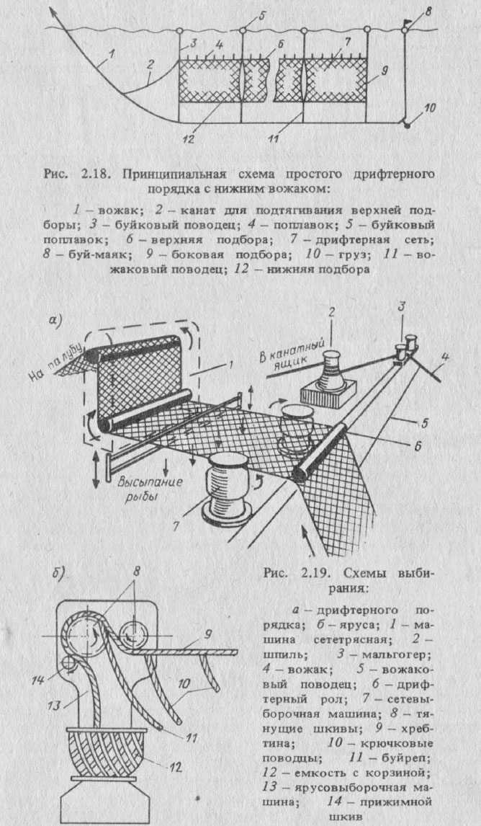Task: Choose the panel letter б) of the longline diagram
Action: coord(58,574)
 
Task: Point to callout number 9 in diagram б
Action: coord(228,635)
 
